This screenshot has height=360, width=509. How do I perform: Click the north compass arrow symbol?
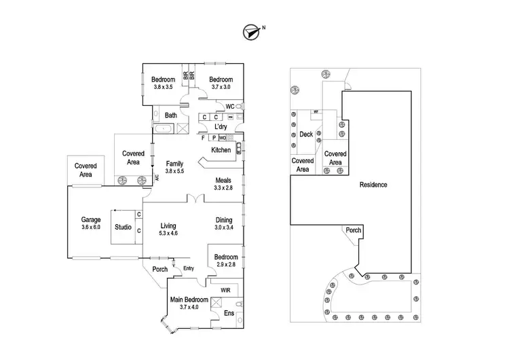point(251,31)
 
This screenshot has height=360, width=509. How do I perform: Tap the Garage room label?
point(91,219)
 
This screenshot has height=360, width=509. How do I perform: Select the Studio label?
point(123,227)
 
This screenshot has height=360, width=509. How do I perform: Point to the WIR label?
point(225,290)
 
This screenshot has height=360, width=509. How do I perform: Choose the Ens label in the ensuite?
point(229,314)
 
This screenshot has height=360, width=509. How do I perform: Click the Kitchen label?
point(221,150)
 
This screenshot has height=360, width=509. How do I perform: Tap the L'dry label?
point(221,127)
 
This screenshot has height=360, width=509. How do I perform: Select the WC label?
point(229,107)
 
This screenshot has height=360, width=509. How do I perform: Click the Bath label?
point(171,115)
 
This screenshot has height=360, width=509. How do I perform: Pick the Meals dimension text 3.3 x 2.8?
point(223,187)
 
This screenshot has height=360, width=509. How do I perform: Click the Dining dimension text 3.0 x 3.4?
point(224,228)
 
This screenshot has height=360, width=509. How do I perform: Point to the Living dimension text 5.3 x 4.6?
point(169,234)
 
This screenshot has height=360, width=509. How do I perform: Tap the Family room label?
point(176,164)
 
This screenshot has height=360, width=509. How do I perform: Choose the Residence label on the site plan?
point(373,184)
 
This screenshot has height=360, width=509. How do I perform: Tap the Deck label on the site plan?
point(306,134)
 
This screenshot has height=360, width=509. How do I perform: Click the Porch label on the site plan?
point(354,230)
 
